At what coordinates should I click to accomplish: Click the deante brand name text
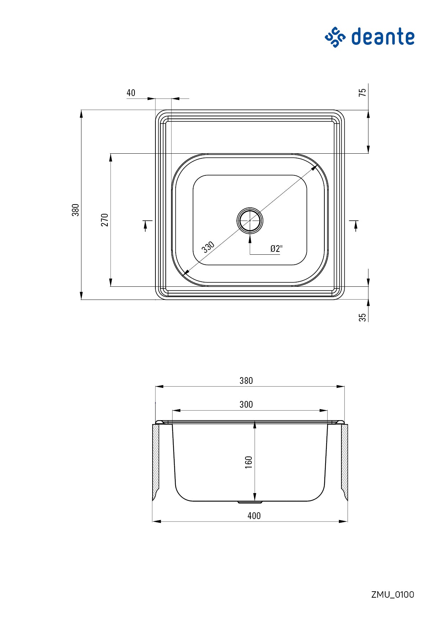(383, 37)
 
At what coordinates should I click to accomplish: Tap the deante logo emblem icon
(335, 37)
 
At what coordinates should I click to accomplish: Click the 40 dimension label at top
(131, 93)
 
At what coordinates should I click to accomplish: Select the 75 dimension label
(362, 92)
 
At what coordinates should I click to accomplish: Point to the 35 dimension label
(362, 317)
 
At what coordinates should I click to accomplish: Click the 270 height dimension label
(105, 220)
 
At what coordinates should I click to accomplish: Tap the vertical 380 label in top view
(75, 210)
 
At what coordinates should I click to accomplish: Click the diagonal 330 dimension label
(208, 247)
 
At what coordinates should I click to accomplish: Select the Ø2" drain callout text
(276, 249)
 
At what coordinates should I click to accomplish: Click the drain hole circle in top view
(250, 221)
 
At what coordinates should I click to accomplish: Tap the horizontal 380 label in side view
(246, 381)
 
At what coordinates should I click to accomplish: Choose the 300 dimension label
(246, 404)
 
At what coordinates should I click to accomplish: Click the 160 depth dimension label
(249, 462)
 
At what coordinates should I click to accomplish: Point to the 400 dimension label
(254, 516)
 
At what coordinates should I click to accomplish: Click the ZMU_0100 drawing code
(393, 594)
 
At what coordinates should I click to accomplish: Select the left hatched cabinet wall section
(156, 461)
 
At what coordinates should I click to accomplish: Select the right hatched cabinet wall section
(344, 461)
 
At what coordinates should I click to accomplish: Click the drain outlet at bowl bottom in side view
(250, 502)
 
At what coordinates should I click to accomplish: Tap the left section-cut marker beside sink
(146, 225)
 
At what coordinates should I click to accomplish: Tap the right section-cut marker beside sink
(355, 225)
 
